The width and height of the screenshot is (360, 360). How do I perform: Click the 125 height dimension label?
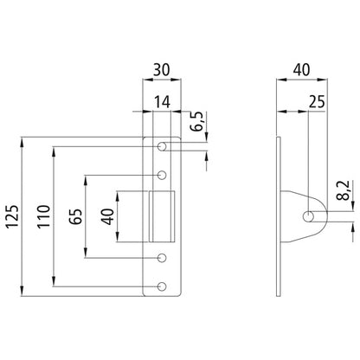(x=13, y=216)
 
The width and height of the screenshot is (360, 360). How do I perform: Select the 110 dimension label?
(x=44, y=216)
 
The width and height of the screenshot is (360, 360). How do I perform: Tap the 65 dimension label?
(x=75, y=216)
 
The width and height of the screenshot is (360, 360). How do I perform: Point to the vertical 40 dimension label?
(x=107, y=216)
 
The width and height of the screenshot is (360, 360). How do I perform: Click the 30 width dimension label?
(x=162, y=70)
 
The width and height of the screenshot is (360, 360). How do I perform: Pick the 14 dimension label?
(x=162, y=102)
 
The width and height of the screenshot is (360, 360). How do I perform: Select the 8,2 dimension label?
(x=344, y=190)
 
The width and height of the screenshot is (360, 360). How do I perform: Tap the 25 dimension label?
(x=317, y=102)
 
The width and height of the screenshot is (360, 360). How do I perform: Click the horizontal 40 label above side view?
(x=302, y=70)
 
